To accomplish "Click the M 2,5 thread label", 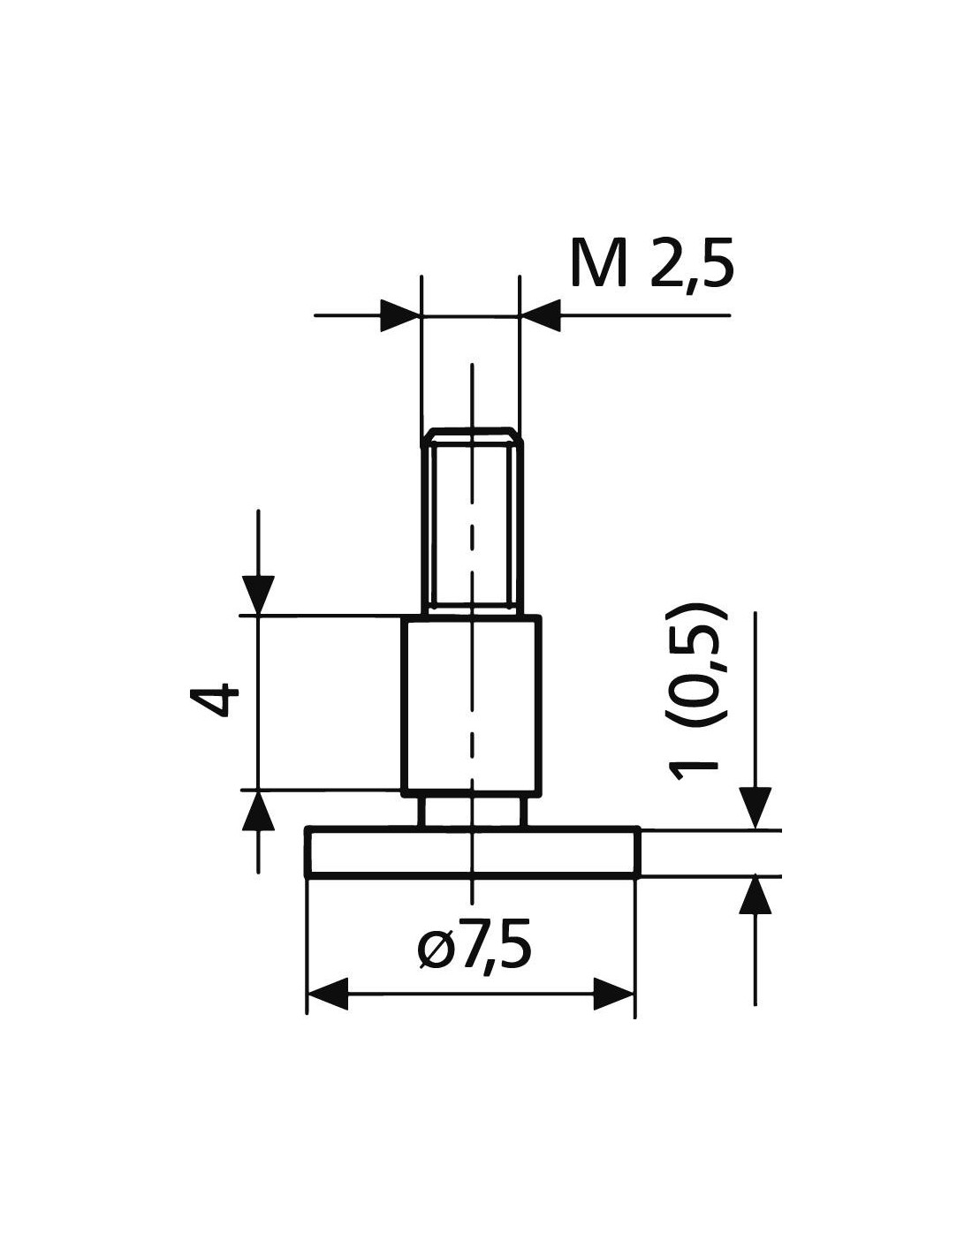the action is (651, 263).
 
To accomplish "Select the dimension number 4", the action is (214, 700).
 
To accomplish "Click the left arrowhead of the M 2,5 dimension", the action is (400, 315).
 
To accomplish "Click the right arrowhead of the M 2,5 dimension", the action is (540, 315).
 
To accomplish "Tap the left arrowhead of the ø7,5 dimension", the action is (327, 994).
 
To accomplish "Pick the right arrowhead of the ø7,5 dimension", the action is (614, 994).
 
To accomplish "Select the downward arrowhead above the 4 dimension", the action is (258, 594).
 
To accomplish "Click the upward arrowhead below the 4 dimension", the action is (258, 810).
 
